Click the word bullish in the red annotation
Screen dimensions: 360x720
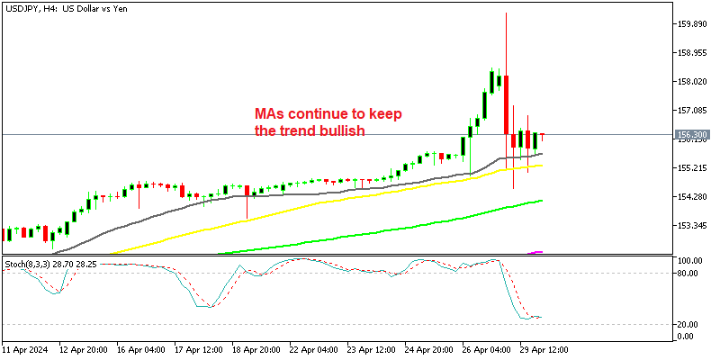(346, 131)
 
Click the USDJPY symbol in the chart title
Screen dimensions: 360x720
(23, 8)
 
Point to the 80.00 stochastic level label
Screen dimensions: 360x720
(688, 274)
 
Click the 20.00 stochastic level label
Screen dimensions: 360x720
(688, 324)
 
